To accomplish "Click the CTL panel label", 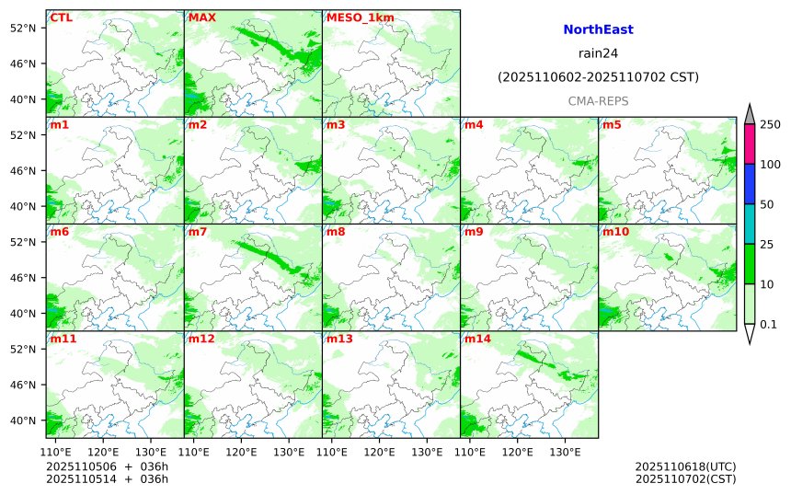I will coord(60,17).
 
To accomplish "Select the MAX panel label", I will coord(202,17).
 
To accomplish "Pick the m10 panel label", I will coord(616,232).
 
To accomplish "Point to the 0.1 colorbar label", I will coord(768,324).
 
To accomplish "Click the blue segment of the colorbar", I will coord(749,184).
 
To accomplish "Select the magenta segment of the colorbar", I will coord(749,144).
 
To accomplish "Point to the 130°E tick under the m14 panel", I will coord(565,452).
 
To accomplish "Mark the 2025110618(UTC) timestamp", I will coord(685,466).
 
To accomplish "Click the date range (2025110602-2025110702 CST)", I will coord(598,77).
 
